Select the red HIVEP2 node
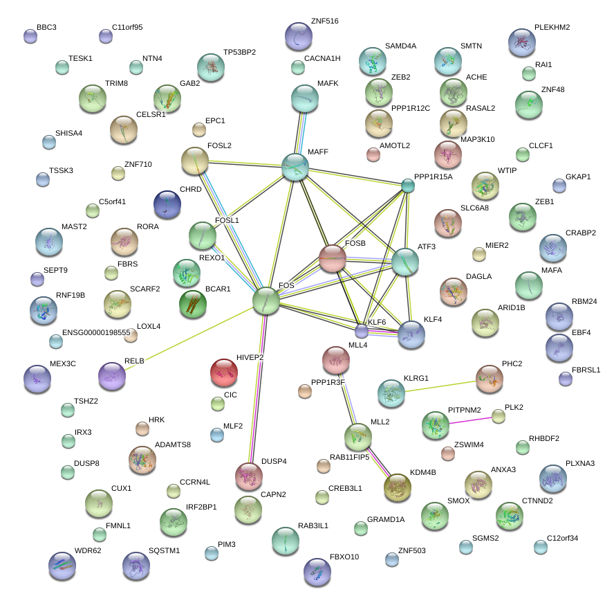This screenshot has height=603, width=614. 223,372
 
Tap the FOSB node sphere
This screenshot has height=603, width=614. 333,259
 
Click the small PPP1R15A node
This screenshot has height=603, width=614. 408,186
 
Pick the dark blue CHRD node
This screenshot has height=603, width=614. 167,204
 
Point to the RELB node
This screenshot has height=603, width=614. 112,376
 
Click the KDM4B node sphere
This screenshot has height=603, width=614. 397,488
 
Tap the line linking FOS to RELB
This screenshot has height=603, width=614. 187,339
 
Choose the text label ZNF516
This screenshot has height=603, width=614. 324,21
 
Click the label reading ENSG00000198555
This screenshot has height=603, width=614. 96,333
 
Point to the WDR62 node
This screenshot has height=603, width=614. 62,565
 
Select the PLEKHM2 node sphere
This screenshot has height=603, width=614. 521,42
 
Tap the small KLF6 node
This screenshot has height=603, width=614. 362,331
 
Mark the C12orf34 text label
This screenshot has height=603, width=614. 562,537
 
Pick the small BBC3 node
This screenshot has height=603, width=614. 30,36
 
